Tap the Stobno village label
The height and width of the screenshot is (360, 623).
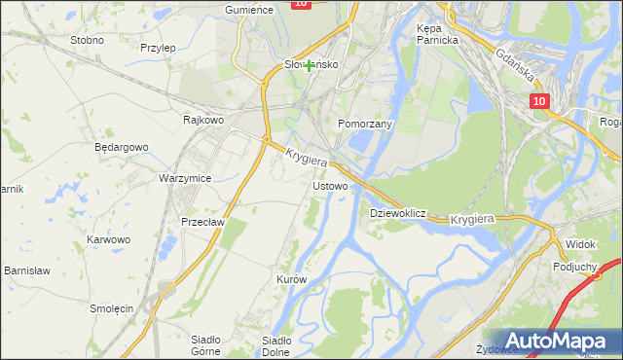pos(88,41)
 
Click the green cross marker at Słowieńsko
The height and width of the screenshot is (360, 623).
pos(309,65)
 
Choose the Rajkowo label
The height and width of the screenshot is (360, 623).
pos(204,121)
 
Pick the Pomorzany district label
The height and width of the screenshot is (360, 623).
pos(364,125)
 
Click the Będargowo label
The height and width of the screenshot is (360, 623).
pos(121,148)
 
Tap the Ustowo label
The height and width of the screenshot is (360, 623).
pos(328,185)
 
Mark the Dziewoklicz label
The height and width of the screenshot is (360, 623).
pos(399,212)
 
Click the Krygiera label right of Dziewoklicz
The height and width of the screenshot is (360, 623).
pos(474,220)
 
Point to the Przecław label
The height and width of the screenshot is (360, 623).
pos(203,222)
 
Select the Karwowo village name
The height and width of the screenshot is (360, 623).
pos(108,239)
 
